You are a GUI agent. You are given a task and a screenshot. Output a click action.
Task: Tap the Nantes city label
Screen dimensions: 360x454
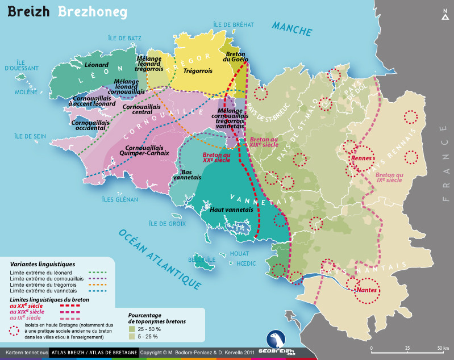point(368,290)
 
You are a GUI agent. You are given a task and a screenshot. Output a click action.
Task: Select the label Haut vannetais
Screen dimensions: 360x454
point(232,210)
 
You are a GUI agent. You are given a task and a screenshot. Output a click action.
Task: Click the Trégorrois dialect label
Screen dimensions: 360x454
point(198,71)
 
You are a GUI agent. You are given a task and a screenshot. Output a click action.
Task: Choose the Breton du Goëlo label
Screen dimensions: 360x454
point(234,55)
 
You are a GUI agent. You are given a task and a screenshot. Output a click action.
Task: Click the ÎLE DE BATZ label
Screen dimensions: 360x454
point(124,38)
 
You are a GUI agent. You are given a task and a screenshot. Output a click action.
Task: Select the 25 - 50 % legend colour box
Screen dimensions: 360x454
point(132,329)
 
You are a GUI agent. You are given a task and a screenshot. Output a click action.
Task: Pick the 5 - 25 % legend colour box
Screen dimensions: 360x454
point(132,336)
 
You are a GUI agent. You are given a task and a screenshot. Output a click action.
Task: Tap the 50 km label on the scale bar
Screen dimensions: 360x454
point(443,348)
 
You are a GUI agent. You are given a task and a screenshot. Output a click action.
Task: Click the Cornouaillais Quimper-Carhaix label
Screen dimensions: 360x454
point(145,150)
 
